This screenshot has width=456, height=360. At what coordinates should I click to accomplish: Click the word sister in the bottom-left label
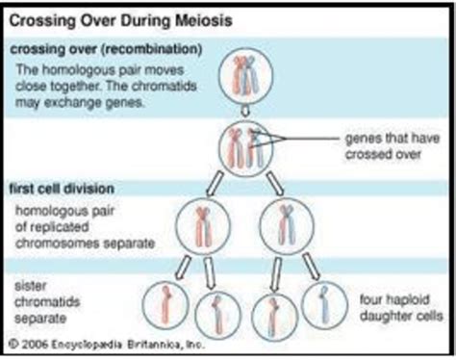point(32,285)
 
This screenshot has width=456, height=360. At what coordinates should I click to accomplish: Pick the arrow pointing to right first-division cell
point(273,182)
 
